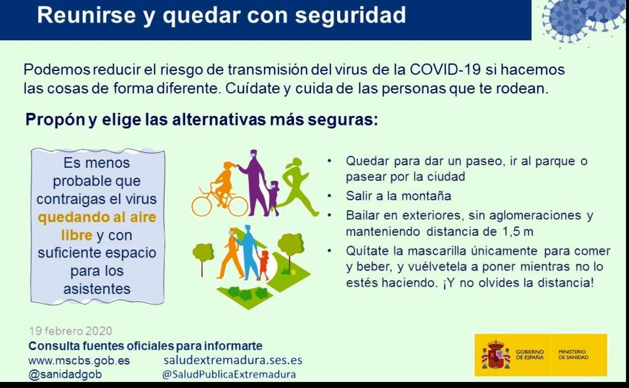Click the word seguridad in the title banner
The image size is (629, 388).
(350, 16)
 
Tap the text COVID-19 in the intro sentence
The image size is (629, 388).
(446, 70)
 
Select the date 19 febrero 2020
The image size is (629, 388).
(71, 331)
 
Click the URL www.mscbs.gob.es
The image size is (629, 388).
(79, 360)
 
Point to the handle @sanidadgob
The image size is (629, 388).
(65, 374)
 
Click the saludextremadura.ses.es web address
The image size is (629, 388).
(233, 360)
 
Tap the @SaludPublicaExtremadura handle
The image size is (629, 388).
(229, 374)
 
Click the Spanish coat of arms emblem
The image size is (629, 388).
(495, 355)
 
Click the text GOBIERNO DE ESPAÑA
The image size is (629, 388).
(530, 355)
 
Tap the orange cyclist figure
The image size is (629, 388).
(223, 184)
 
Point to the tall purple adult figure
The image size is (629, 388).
(254, 182)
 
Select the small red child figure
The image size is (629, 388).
(264, 266)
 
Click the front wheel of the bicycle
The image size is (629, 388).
(237, 206)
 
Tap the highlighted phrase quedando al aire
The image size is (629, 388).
(97, 217)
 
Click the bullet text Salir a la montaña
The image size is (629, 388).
(399, 196)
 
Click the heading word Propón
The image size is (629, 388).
(55, 120)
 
